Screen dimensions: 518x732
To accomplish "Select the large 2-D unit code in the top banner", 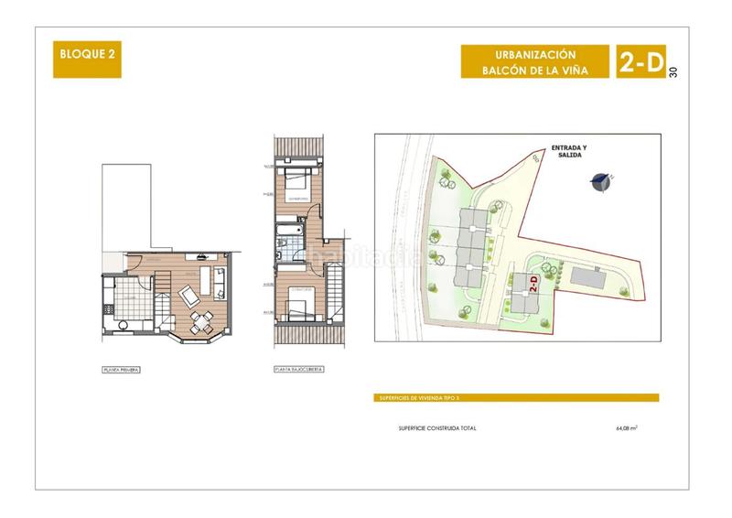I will [640, 62].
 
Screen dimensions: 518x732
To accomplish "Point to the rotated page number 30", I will [674, 72].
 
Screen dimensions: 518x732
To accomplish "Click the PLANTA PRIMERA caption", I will [122, 371].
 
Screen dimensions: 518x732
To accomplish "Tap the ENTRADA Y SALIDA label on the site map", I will [571, 150].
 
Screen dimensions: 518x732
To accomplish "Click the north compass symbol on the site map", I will [601, 181].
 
